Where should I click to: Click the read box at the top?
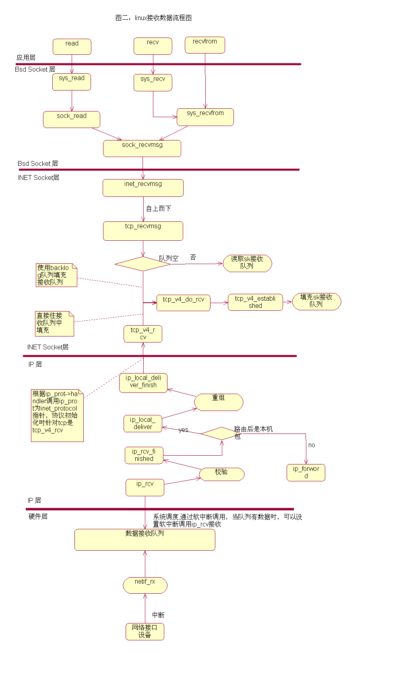pos(72,46)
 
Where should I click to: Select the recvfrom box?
pos(205,45)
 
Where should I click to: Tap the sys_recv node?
pos(153,82)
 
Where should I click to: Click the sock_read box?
pos(71,119)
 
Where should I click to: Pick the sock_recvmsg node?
pos(142,148)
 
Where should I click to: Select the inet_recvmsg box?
pos(143,188)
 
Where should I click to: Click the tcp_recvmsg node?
pos(143,231)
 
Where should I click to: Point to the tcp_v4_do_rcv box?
pos(183,303)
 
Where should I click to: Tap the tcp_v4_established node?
pos(255,302)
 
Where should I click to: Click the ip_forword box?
pos(306,473)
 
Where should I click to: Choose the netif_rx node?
pos(145,585)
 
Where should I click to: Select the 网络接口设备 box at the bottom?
pos(145,631)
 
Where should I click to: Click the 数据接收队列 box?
pos(145,539)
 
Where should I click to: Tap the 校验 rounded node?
pos(222,474)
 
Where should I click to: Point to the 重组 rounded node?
pos(219,402)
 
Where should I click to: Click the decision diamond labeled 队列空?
pos(143,264)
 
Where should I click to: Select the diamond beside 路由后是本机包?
pos(221,433)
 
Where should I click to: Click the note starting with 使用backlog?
pos(56,275)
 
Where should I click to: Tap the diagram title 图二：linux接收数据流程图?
pos(153,18)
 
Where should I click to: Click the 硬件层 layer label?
pos(38,516)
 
